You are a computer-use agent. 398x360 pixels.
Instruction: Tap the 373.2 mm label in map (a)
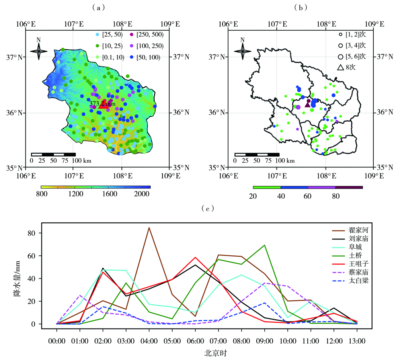tap(102, 103)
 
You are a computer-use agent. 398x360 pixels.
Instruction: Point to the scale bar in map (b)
tap(257, 154)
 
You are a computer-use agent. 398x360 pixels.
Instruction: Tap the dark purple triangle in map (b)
tap(307, 104)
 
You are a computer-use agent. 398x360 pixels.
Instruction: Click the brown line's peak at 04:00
tap(149, 228)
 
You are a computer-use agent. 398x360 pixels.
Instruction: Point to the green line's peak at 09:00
tap(265, 245)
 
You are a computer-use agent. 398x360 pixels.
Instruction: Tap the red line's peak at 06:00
tap(195, 257)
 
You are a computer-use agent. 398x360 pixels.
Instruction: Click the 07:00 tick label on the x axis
tap(219, 341)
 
